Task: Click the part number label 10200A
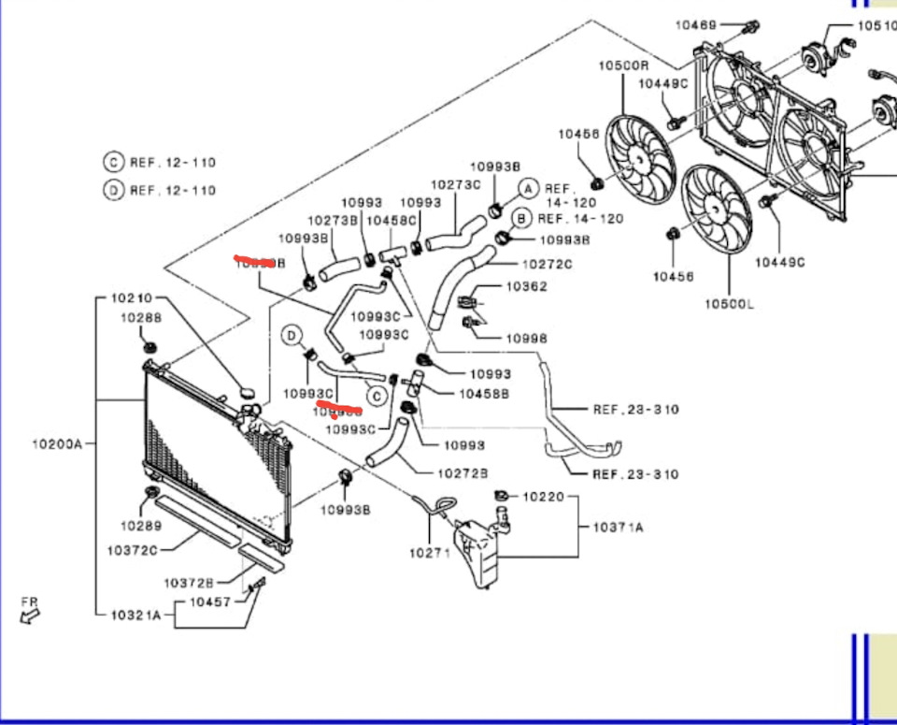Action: pos(57,443)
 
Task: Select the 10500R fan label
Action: pos(623,65)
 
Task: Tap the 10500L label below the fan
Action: pos(730,304)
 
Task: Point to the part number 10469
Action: pos(695,25)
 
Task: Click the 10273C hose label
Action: pos(455,185)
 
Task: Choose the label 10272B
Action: pos(463,474)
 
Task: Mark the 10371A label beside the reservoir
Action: pos(618,528)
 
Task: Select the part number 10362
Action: pos(527,286)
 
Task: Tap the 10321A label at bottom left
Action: pos(135,615)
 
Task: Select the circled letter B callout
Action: pos(521,218)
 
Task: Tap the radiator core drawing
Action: pos(210,449)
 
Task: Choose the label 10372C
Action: pos(132,550)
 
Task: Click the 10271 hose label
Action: pos(429,553)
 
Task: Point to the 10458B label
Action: pos(484,394)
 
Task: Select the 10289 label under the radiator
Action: pos(141,525)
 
